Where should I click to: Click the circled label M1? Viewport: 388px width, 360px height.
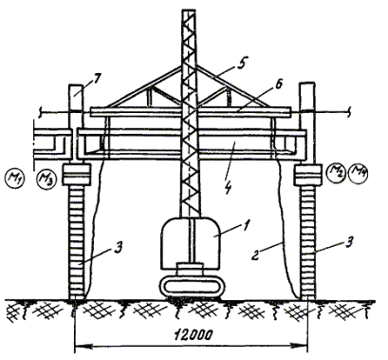[x=14, y=179]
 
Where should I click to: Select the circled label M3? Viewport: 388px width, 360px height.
[x=47, y=180]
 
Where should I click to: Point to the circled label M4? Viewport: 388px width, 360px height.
[x=358, y=174]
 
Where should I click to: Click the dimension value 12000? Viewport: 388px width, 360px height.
[x=194, y=335]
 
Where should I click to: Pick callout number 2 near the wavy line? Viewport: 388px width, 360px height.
[x=255, y=255]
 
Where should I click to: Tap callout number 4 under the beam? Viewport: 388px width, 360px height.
[x=228, y=188]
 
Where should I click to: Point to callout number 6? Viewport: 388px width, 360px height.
[x=278, y=84]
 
